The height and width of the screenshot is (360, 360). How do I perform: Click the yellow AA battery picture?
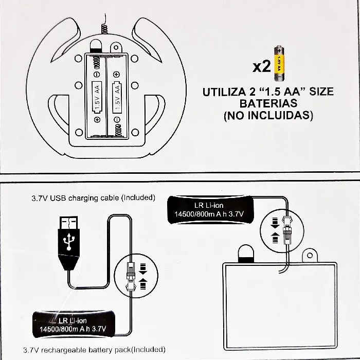tap(279, 63)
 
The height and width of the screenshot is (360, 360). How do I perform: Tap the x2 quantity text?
tap(262, 66)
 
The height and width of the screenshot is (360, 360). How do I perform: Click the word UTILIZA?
tap(224, 92)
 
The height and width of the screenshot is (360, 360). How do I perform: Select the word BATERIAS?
tap(268, 103)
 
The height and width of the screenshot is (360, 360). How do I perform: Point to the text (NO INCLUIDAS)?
tap(268, 115)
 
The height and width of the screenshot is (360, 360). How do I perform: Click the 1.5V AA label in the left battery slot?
tap(97, 97)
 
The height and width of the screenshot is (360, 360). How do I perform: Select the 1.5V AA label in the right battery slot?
tap(117, 97)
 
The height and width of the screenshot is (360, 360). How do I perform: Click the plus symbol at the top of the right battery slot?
tap(116, 74)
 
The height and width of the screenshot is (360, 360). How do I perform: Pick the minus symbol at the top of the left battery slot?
tap(97, 75)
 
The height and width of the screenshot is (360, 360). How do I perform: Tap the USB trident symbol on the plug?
tap(68, 241)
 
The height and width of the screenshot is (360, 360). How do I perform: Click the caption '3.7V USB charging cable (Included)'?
tap(93, 198)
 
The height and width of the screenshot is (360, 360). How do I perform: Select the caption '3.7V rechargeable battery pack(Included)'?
tap(94, 350)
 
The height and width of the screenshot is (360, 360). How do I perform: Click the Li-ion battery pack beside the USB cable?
tap(74, 324)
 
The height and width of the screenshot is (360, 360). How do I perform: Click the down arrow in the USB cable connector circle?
tap(143, 269)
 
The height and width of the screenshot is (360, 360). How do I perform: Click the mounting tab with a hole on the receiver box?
tap(310, 256)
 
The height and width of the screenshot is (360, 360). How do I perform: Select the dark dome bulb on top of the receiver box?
tap(246, 254)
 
